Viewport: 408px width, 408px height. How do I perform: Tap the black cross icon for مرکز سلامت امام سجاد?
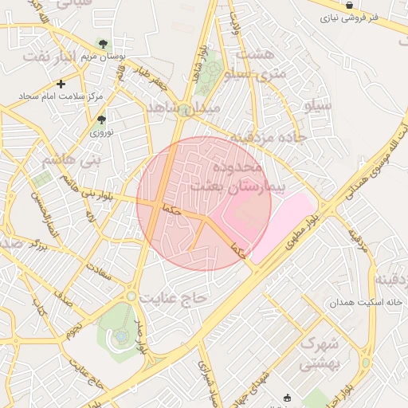(61, 83)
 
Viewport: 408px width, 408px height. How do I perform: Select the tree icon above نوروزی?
(101, 120)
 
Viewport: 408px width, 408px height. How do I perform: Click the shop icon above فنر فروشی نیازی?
(349, 5)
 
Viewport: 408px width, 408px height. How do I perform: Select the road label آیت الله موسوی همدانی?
(375, 156)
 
